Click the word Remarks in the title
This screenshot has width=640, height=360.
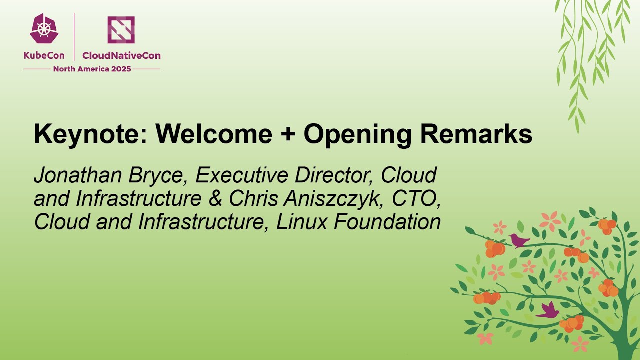click(476, 135)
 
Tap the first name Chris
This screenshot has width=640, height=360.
click(253, 198)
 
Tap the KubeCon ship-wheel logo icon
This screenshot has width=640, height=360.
click(44, 29)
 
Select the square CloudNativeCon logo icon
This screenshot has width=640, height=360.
click(121, 30)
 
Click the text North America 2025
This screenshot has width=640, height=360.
click(92, 69)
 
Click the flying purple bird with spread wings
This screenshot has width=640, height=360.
click(548, 311)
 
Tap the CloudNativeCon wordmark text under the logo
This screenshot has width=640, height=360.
click(121, 56)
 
